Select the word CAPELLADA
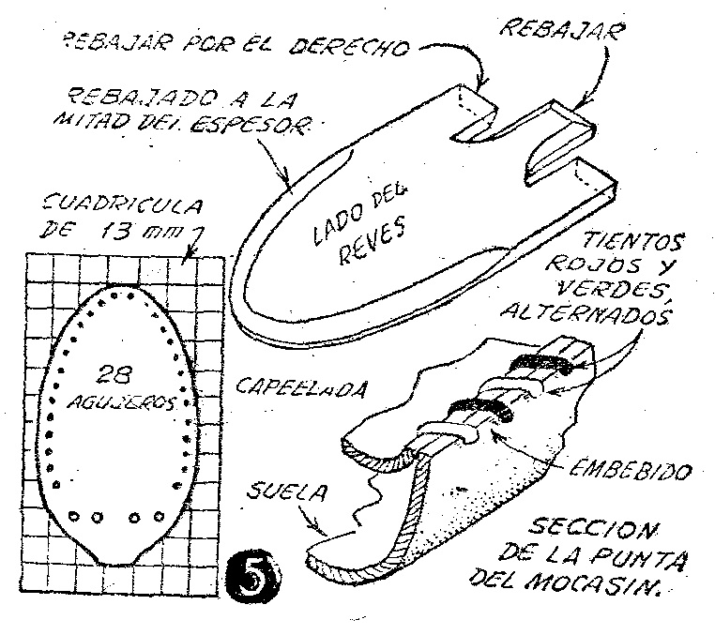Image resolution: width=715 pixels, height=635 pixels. click(301, 389)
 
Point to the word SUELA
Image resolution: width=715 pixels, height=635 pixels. click(288, 491)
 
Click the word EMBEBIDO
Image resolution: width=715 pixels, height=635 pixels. click(631, 469)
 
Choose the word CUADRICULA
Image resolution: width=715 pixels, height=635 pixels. click(121, 206)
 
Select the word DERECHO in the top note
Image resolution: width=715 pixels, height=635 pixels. click(350, 45)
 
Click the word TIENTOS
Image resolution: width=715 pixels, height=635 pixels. click(634, 240)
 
